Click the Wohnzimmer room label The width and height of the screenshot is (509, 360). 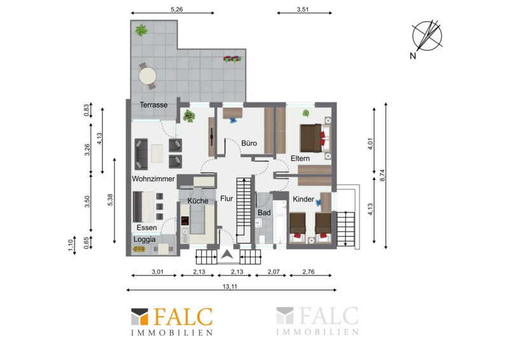153,179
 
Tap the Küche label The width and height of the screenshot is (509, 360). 198,201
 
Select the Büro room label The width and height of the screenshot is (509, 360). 249,143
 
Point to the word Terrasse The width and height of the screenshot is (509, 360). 153,105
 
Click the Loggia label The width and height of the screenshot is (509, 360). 144,240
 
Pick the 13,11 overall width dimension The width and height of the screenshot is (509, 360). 230,287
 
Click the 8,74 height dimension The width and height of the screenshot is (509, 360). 382,176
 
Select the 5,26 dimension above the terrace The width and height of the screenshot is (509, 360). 177,10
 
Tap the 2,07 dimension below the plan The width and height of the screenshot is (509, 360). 274,272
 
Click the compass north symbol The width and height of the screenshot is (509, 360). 426,36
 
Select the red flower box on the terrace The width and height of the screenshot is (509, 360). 232,59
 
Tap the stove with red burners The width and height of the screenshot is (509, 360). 185,221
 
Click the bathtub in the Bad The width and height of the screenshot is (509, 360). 279,222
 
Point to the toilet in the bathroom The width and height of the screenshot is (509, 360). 261,240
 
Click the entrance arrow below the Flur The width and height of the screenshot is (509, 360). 227,255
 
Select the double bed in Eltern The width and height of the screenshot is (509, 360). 314,138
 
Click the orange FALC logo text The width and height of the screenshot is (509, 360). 183,317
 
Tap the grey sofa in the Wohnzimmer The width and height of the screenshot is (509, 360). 141,154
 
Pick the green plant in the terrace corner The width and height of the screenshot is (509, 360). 141,31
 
